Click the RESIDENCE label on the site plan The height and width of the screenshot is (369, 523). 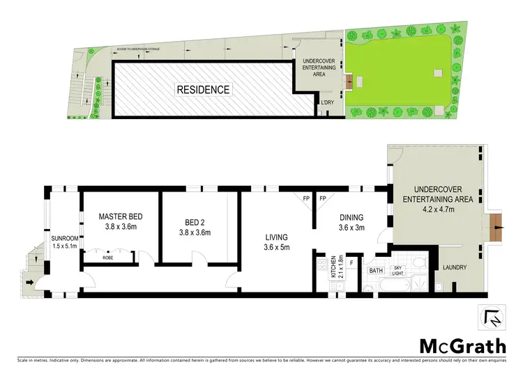(202, 89)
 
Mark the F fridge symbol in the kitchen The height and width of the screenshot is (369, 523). (352, 264)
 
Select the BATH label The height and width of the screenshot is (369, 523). (376, 269)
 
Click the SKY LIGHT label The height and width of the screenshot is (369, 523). (398, 269)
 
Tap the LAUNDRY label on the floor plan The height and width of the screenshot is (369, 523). (453, 267)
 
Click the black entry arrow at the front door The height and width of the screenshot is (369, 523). (29, 282)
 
